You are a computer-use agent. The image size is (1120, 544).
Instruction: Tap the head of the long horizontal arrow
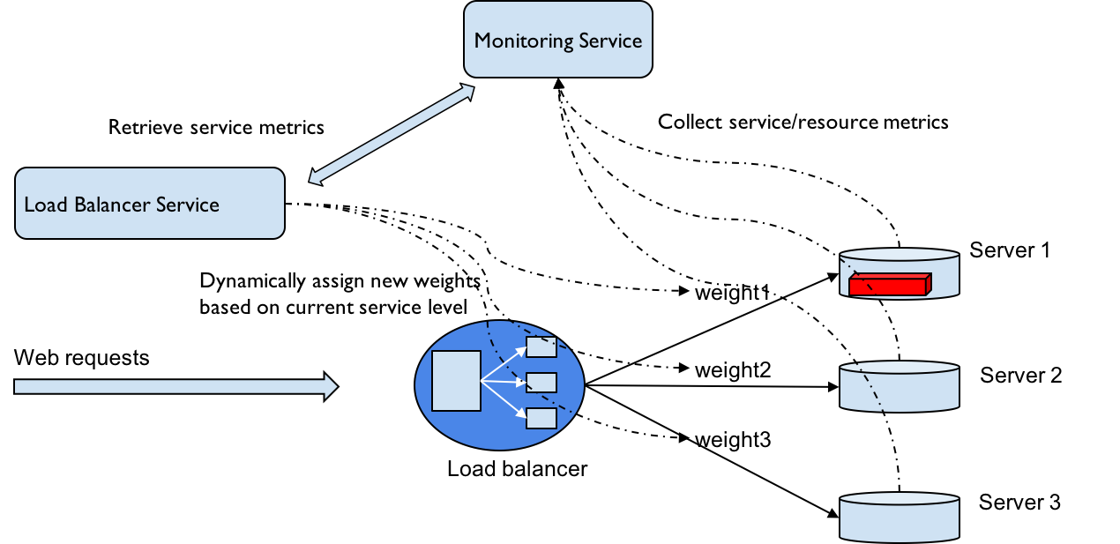point(331,386)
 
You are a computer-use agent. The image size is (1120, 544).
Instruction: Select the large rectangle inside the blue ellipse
point(456,381)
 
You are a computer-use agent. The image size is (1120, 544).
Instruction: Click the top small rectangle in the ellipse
point(541,347)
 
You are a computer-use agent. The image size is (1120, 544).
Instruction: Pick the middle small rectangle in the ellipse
point(541,383)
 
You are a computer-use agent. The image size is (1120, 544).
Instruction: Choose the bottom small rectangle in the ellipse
point(541,418)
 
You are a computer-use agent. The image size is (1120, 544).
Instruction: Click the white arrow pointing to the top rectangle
point(505,362)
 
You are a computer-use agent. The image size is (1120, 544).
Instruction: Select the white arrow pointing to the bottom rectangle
point(505,399)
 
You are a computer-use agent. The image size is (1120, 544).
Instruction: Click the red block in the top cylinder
point(886,287)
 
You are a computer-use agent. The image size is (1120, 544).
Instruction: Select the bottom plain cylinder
point(899,520)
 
